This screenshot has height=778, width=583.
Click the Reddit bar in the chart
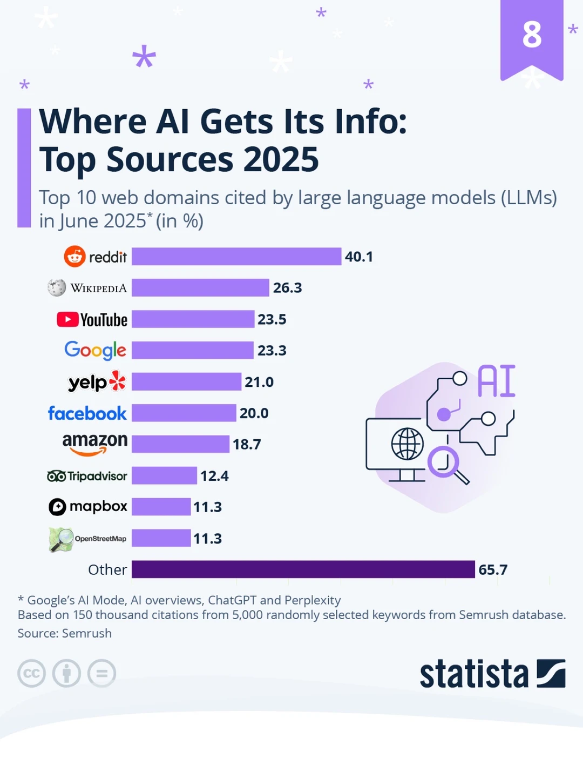(x=236, y=257)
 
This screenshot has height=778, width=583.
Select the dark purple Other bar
(x=303, y=569)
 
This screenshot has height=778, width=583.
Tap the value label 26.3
(x=287, y=288)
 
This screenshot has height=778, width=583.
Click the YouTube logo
(x=92, y=320)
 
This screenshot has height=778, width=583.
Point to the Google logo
(x=95, y=351)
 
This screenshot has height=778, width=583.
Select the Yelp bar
(x=186, y=382)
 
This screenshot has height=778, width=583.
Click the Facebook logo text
(x=87, y=413)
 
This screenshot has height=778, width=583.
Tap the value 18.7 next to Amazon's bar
(x=247, y=445)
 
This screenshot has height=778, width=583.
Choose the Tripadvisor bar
(x=164, y=476)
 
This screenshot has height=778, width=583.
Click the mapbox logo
(x=88, y=507)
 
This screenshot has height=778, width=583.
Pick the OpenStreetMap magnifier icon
(x=61, y=539)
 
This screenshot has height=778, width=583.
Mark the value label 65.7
(x=492, y=570)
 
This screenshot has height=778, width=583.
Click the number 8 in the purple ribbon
(x=532, y=35)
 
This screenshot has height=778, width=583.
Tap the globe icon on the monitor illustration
(x=407, y=444)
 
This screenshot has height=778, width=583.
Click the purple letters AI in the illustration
(x=496, y=381)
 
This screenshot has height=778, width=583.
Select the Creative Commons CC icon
(x=31, y=674)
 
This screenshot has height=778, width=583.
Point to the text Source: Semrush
(x=64, y=633)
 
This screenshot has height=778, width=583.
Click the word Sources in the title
(x=171, y=159)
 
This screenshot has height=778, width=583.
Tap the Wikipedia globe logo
(x=57, y=288)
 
